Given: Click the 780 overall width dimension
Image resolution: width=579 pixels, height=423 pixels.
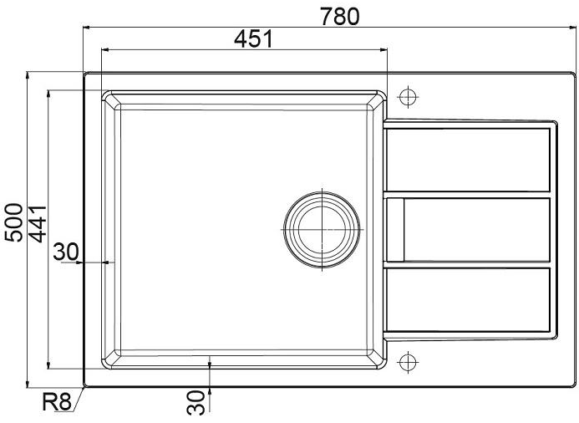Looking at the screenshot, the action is click(339, 17).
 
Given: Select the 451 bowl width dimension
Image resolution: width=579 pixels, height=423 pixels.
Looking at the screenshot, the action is click(253, 38).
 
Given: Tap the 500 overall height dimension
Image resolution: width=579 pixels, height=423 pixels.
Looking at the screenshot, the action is click(14, 222).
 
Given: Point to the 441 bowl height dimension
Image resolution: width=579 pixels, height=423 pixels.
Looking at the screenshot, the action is click(38, 224).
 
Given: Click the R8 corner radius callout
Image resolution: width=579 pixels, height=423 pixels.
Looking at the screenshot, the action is click(56, 402).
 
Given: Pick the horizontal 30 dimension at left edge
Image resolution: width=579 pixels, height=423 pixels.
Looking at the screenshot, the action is click(66, 252).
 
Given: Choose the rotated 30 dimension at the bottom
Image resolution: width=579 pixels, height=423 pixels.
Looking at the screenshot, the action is click(196, 402).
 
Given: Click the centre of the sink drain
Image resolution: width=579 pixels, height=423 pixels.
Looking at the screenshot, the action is click(322, 229).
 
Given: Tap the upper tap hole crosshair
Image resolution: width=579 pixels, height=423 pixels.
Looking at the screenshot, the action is click(408, 97).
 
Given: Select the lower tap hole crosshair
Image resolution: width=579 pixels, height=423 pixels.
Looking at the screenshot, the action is click(408, 362).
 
